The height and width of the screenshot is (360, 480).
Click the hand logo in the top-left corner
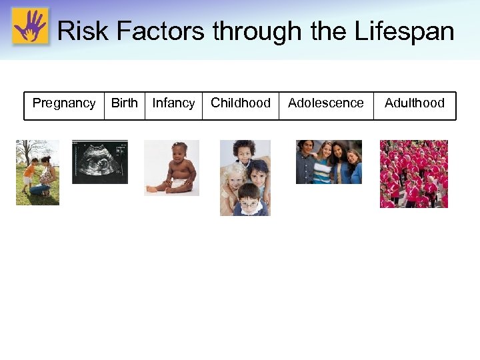pos(30,26)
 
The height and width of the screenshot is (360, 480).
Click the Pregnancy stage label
pos(64,103)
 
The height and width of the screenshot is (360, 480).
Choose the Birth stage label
pos(124,103)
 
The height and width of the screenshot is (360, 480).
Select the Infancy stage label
pos(173,103)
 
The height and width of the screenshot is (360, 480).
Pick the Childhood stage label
pos(241,103)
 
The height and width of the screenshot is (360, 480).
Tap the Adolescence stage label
pos(326,103)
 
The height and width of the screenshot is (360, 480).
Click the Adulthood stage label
pos(415,103)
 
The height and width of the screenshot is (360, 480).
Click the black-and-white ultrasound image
pos(99,161)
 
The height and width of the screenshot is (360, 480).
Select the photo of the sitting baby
pos(171,168)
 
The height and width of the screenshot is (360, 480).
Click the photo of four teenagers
pos(329,161)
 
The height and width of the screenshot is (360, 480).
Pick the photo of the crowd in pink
pos(414,174)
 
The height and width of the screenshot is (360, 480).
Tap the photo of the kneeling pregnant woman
pos(44,175)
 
